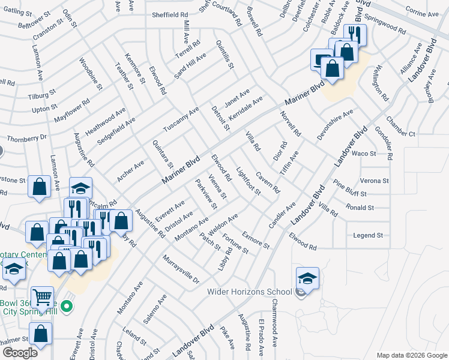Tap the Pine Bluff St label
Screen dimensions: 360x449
(349, 194)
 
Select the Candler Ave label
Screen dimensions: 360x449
(282, 215)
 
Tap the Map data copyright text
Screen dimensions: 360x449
(412, 355)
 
